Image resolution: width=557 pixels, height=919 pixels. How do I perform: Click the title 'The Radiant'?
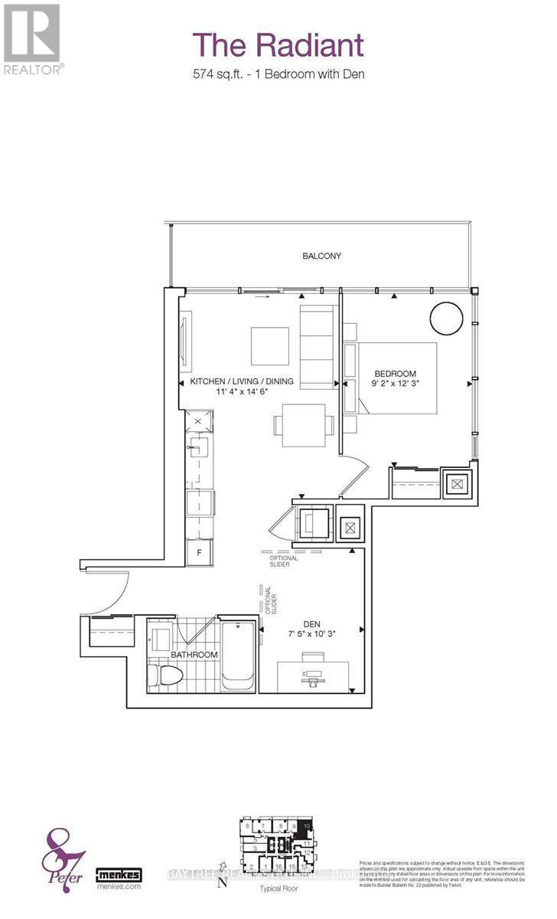[x=278, y=45]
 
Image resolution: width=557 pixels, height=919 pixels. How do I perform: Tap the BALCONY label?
[x=321, y=256]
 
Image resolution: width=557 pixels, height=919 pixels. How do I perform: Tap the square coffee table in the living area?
[x=270, y=346]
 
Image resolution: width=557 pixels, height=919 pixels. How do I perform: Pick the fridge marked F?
[x=200, y=551]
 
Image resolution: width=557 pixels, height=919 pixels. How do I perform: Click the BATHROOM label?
[x=194, y=655]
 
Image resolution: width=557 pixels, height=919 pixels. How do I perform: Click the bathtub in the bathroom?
[x=238, y=655]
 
